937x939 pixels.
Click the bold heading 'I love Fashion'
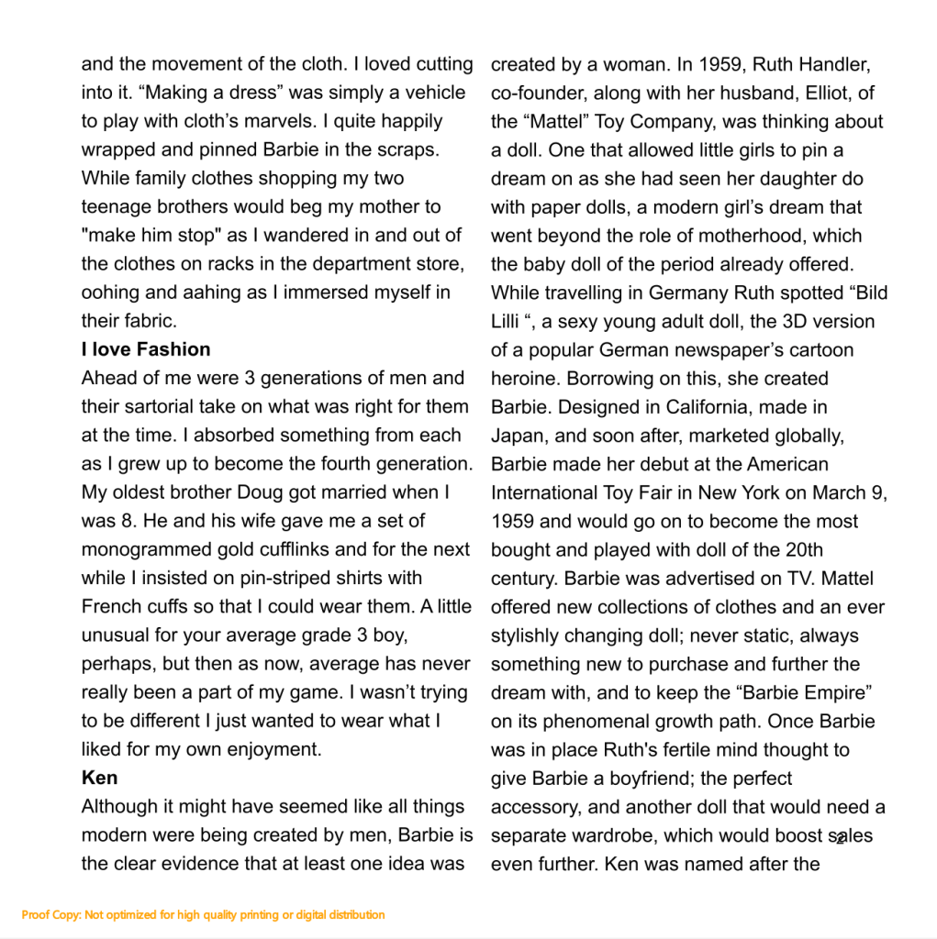(x=146, y=349)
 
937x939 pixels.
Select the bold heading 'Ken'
(x=99, y=778)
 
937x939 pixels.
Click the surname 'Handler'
(x=834, y=65)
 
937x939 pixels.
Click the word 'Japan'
(x=517, y=436)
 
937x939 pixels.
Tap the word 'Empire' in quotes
(x=831, y=692)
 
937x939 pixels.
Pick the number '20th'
(x=799, y=549)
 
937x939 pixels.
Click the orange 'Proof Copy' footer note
(x=203, y=914)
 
